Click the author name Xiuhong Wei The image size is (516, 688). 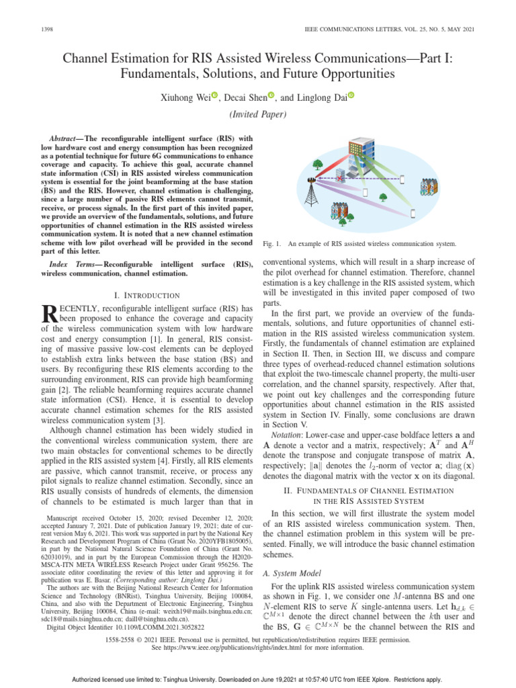pyautogui.click(x=181, y=97)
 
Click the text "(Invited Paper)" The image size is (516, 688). pyautogui.click(x=258, y=114)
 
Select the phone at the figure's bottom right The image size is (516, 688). pyautogui.click(x=413, y=214)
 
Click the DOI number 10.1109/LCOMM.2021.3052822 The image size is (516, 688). pyautogui.click(x=181, y=628)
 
